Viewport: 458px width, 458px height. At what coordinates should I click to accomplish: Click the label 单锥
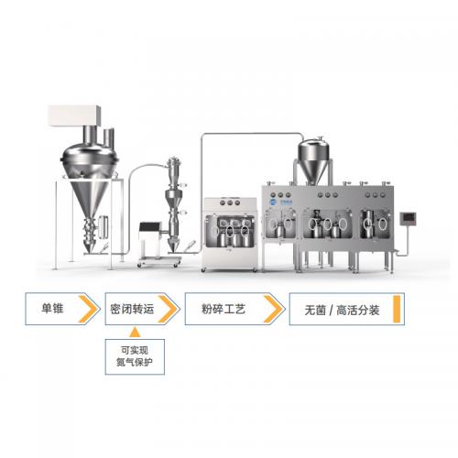pos(52,309)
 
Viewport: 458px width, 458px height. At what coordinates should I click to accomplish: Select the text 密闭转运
pos(132,310)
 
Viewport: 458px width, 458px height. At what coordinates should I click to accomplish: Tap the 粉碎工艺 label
pos(224,310)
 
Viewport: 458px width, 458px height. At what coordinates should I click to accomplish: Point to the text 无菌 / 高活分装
pos(342,311)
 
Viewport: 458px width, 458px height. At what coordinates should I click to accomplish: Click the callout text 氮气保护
pos(135,362)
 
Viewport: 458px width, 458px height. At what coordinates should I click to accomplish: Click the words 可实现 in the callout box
pos(135,350)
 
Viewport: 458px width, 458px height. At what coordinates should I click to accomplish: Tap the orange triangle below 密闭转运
pos(135,333)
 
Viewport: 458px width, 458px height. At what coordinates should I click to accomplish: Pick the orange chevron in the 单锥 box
pos(88,309)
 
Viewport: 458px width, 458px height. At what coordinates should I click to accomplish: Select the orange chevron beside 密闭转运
pos(168,309)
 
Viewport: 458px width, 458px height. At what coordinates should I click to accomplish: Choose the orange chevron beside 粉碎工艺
pos(273,309)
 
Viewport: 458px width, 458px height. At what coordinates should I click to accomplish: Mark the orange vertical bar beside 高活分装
pos(397,309)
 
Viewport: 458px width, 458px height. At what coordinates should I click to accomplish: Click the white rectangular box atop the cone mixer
pos(74,115)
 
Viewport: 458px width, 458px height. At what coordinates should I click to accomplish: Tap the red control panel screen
pos(409,218)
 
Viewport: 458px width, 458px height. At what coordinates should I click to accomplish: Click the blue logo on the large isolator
pos(273,202)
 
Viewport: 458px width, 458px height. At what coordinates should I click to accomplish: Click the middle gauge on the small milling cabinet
pos(230,202)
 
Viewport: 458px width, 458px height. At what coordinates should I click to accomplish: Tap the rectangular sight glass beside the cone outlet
pos(103,226)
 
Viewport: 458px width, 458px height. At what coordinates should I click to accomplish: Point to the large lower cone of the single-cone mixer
pos(89,199)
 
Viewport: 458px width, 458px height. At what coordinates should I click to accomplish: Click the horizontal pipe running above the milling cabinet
pos(250,134)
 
